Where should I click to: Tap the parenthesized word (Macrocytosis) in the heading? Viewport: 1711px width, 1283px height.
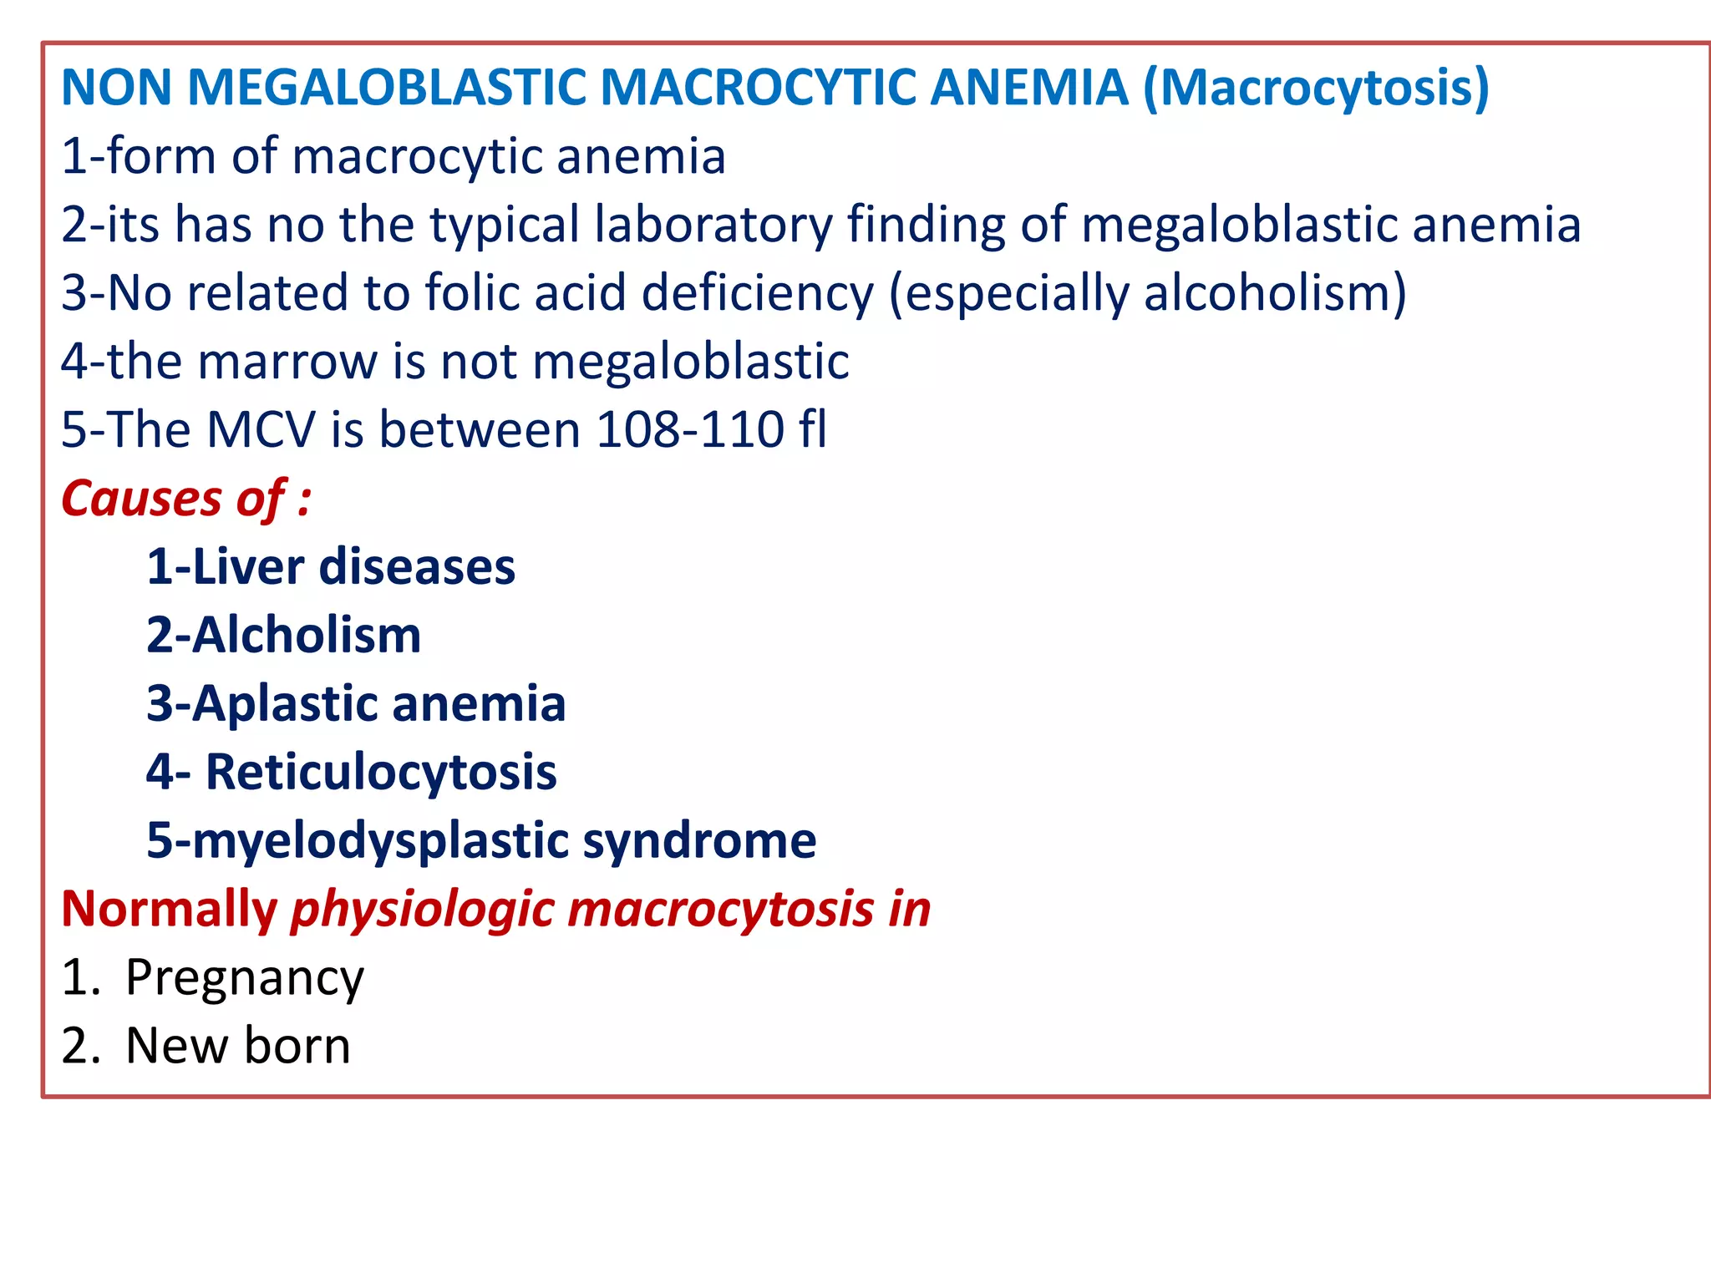1316,89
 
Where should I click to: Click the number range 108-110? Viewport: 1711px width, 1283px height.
690,430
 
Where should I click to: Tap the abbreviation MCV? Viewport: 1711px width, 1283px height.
261,430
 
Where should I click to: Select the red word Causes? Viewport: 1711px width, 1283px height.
140,499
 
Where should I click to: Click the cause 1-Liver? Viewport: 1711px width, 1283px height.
226,567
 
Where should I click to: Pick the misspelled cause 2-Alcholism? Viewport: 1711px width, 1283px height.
283,636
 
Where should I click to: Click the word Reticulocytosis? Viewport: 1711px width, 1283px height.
381,773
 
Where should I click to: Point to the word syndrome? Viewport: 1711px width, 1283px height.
699,841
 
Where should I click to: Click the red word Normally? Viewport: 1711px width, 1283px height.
170,909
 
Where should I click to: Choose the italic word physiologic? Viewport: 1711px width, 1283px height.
422,910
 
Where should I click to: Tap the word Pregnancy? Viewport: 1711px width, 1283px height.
244,978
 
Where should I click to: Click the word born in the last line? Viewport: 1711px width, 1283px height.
297,1046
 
